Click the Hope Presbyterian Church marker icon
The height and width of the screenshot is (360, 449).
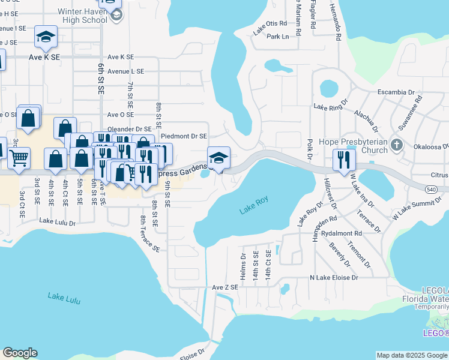(x=396, y=145)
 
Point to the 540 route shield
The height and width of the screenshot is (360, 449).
(x=443, y=190)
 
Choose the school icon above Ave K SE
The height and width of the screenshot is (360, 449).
(x=46, y=37)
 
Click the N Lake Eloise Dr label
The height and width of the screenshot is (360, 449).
(x=334, y=278)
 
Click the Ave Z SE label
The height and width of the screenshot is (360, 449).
(x=225, y=287)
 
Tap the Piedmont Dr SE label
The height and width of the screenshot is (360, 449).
(x=184, y=137)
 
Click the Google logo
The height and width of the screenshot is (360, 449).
(x=20, y=353)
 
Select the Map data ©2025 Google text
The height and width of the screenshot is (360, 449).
(x=411, y=355)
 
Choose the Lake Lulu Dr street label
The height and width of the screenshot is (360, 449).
(x=58, y=222)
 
